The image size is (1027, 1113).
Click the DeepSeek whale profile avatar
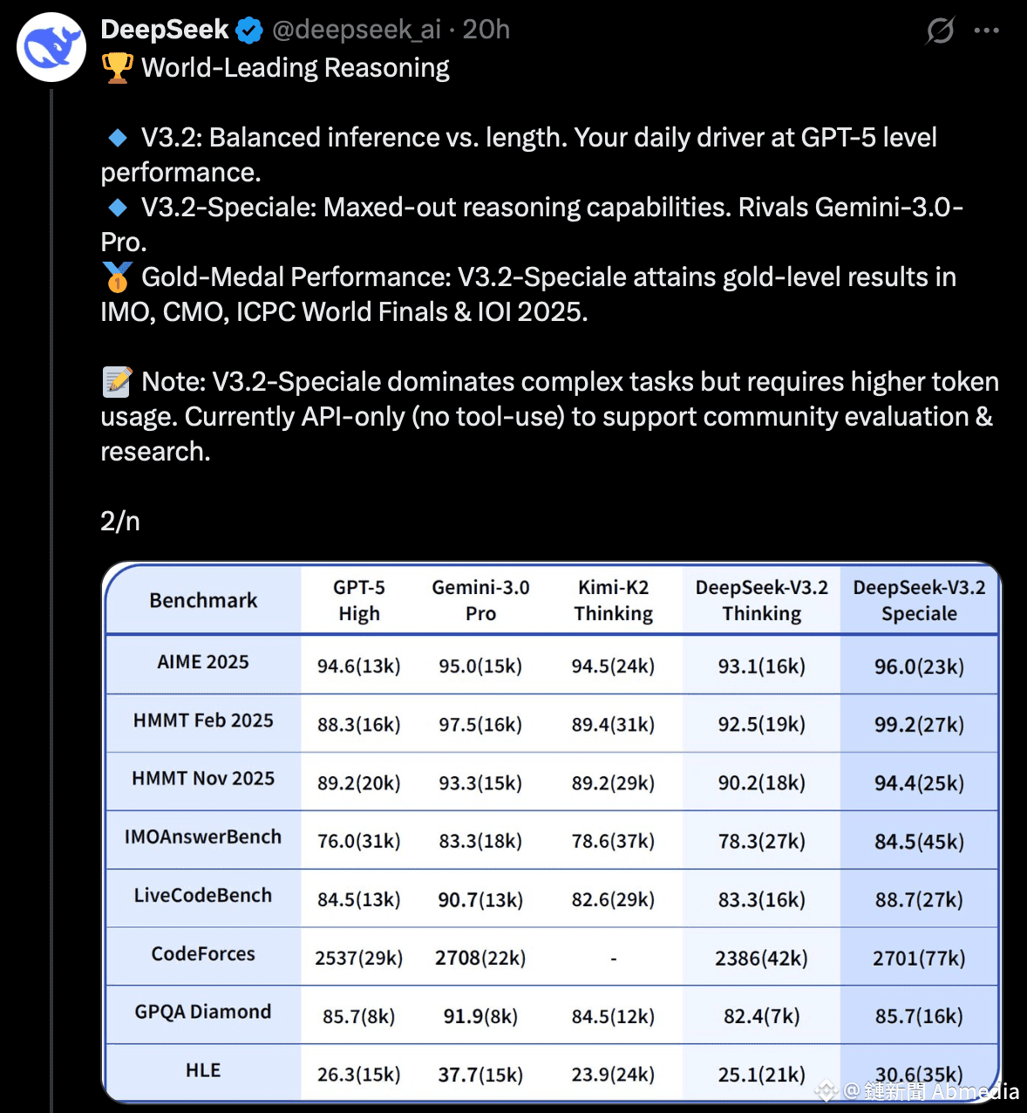click(51, 47)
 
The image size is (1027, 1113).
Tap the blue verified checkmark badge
click(249, 31)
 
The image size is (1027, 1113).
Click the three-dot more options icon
click(986, 31)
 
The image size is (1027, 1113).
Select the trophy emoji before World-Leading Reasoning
click(118, 68)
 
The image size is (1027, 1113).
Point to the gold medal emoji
click(117, 277)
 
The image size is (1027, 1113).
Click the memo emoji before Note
click(117, 382)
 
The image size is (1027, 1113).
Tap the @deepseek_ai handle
click(357, 30)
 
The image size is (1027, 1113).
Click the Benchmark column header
click(203, 600)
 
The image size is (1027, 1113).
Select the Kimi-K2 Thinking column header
click(613, 600)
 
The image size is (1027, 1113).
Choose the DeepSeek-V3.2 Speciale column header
click(919, 600)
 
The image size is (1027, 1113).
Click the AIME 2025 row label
click(203, 662)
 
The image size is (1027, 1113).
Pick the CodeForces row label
click(203, 954)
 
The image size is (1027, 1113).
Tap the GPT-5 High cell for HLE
click(358, 1075)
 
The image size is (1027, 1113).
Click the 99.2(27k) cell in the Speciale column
click(919, 725)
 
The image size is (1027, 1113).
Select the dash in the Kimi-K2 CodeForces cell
click(613, 959)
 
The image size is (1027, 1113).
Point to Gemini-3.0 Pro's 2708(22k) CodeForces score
click(480, 959)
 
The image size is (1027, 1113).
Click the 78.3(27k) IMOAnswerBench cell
click(761, 842)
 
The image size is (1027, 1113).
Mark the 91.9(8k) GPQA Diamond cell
click(480, 1017)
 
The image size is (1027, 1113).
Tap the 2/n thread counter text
click(120, 522)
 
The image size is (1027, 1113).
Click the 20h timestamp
click(486, 30)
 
